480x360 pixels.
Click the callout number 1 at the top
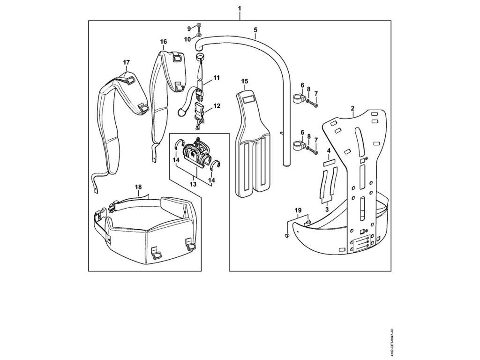pos(240,9)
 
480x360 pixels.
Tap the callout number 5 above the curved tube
pos(255,30)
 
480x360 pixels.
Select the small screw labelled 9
pos(199,26)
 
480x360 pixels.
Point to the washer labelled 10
pos(200,35)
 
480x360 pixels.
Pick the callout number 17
pos(126,62)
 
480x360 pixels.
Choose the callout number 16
pos(163,42)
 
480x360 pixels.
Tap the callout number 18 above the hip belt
pos(138,187)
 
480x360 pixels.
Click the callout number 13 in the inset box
pos(193,185)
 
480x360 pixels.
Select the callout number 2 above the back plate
pos(352,108)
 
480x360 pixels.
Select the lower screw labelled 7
pos(313,151)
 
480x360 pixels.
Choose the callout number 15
pos(245,81)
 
